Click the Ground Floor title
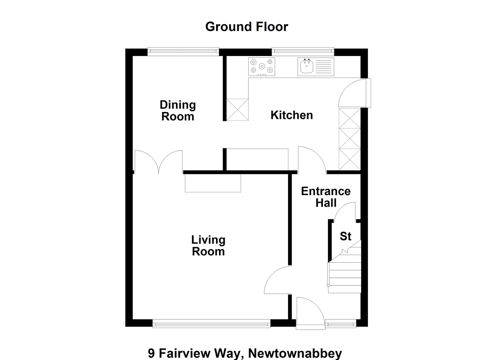point(247,27)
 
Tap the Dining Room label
point(178,110)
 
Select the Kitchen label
point(292,115)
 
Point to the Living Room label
point(208,246)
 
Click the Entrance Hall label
point(326,197)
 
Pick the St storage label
point(345,236)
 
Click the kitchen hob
point(262,67)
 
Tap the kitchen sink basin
point(307,67)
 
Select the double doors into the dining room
point(159,162)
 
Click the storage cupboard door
point(345,212)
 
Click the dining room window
point(183,51)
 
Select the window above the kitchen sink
point(303,51)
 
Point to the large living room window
point(211,324)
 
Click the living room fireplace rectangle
point(213,183)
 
